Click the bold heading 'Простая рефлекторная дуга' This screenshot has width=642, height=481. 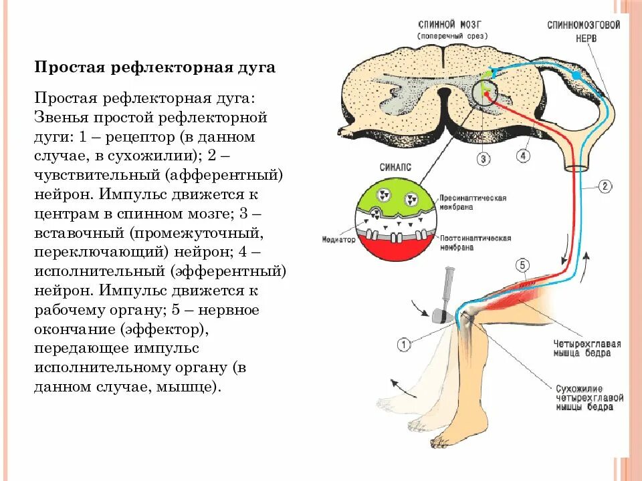[154, 68]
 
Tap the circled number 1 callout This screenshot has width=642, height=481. [404, 345]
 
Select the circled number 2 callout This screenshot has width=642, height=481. [605, 186]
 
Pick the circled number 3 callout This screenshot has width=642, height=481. [484, 158]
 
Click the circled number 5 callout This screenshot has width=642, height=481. [522, 265]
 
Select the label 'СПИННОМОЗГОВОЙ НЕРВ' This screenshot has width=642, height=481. [583, 31]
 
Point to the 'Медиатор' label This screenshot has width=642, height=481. [338, 238]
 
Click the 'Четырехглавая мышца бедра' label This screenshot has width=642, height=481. [586, 349]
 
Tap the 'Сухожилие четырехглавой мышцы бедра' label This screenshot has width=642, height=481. [588, 397]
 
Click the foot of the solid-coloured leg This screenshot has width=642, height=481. [447, 438]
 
